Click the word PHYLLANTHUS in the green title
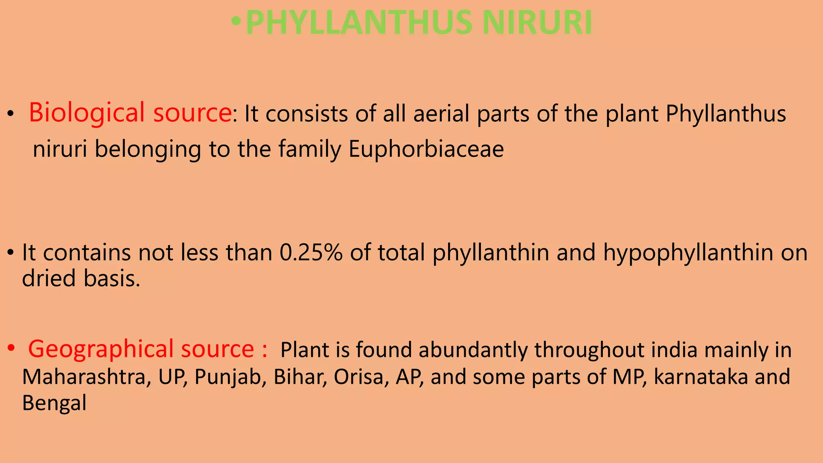coord(358,23)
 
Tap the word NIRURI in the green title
coord(537,23)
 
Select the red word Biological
coord(86,113)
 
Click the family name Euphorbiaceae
coord(426,150)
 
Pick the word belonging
coord(147,150)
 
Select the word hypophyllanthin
coord(688,253)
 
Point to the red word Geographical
coord(100,349)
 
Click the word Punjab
coord(227,377)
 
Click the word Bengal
coord(54,403)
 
